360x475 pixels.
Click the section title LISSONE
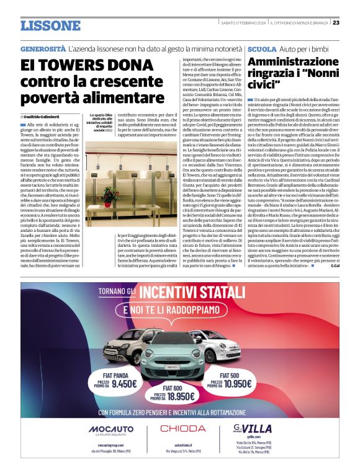coord(50,25)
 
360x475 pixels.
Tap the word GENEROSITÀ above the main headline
coord(43,48)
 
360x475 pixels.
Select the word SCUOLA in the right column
coord(261,48)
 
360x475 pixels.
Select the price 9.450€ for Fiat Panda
coord(124,384)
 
